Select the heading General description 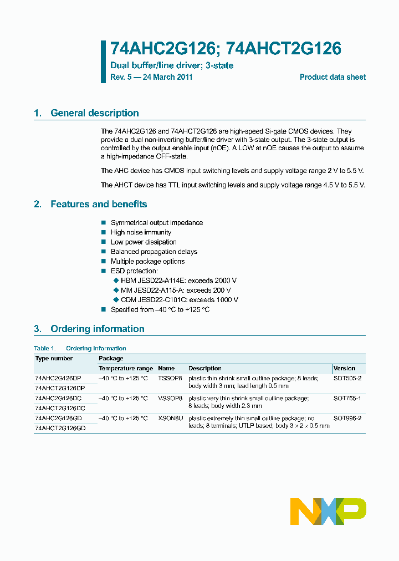click(x=94, y=113)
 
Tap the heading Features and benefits click(x=99, y=204)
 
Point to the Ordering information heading click(x=97, y=329)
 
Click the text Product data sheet click(x=332, y=77)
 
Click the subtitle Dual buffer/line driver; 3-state click(x=172, y=65)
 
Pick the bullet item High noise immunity click(x=141, y=232)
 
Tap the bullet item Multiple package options click(x=147, y=261)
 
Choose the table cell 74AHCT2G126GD click(x=60, y=428)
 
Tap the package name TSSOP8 click(x=170, y=378)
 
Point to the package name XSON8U click(x=170, y=418)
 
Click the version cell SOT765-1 click(x=347, y=398)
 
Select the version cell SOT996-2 click(x=347, y=418)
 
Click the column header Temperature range click(x=125, y=368)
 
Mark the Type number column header click(x=54, y=358)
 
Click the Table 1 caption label click(x=45, y=348)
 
